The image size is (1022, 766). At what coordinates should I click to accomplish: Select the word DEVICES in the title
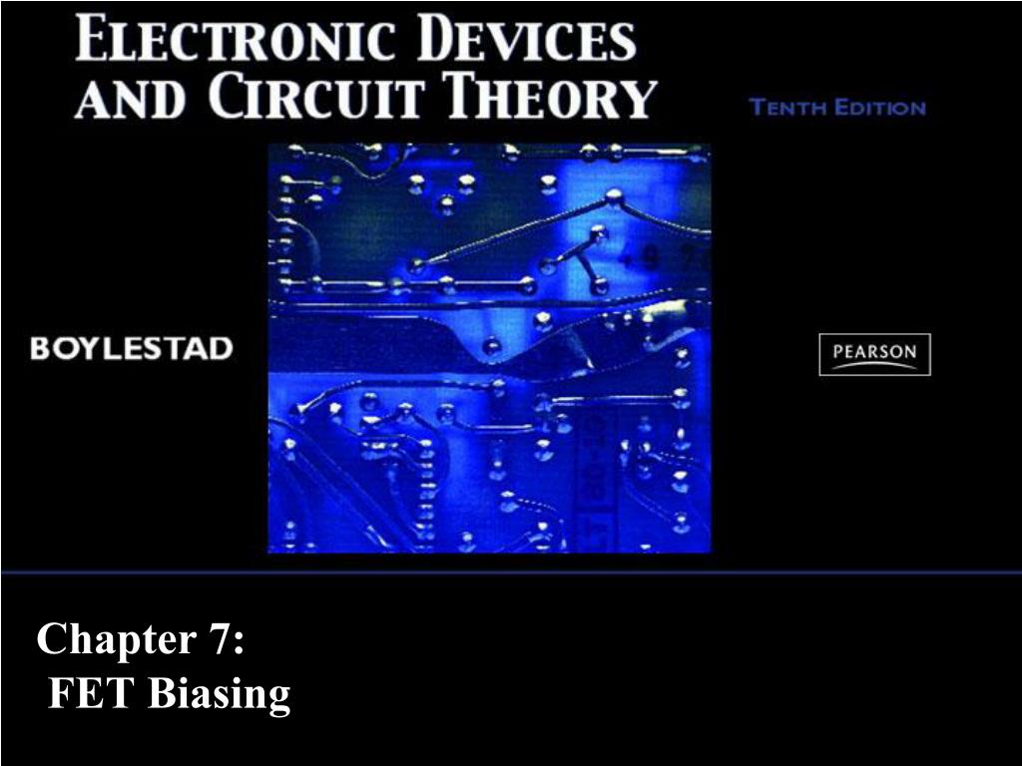(527, 39)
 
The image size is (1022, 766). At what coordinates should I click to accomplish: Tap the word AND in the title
(131, 97)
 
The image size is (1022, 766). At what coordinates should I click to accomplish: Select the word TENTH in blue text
(788, 107)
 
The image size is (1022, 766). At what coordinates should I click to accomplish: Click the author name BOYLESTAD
(132, 348)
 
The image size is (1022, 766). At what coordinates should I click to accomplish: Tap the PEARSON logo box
(874, 354)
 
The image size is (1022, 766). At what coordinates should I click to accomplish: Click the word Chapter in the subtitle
(117, 639)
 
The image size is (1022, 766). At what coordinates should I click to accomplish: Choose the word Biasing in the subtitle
(220, 695)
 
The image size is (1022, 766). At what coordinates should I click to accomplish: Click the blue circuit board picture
(489, 348)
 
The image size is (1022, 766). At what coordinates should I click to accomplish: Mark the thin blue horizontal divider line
(511, 573)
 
